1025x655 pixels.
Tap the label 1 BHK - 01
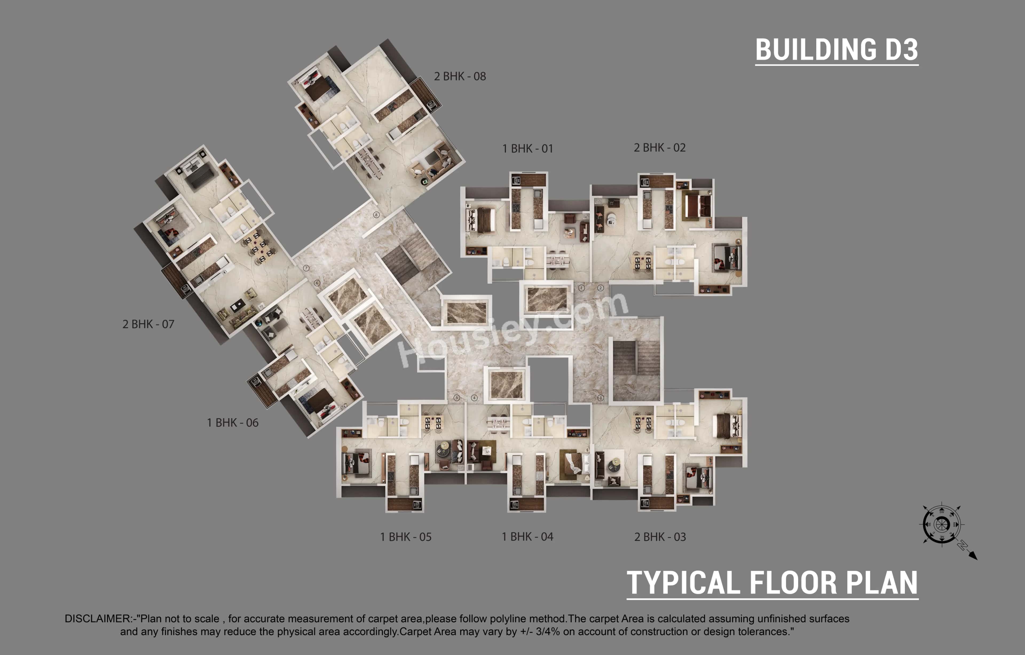click(527, 149)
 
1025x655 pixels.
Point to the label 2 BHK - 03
click(660, 537)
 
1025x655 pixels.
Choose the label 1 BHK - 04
click(527, 537)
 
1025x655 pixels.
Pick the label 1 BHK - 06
click(232, 423)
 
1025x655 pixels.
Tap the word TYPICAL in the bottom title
click(683, 583)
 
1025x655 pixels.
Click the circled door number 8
click(376, 215)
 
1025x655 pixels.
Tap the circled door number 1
click(581, 288)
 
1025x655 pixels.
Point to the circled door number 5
click(457, 398)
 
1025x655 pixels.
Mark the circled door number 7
click(306, 268)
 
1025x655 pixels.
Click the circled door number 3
click(601, 398)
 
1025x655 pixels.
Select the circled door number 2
click(600, 288)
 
